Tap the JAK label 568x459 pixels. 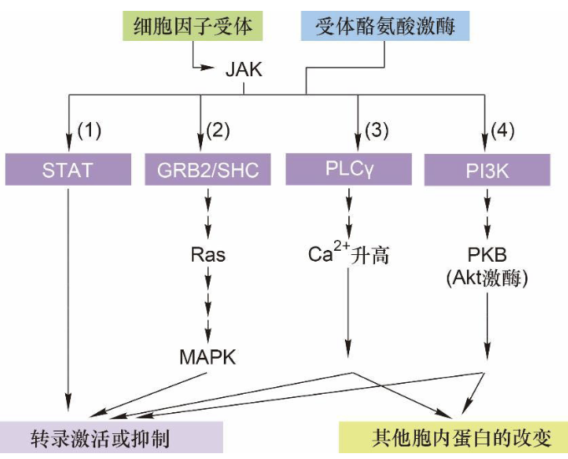(x=243, y=69)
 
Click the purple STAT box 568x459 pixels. (x=68, y=171)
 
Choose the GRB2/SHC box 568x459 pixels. (x=208, y=171)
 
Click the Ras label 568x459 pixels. (x=208, y=255)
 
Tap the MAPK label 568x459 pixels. (x=208, y=357)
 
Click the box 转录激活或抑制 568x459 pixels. (x=111, y=438)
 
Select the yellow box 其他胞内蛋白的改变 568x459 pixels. (x=451, y=438)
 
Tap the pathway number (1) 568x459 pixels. (x=89, y=130)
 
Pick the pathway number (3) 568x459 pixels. (x=378, y=130)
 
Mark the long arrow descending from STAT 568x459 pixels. (x=68, y=293)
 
